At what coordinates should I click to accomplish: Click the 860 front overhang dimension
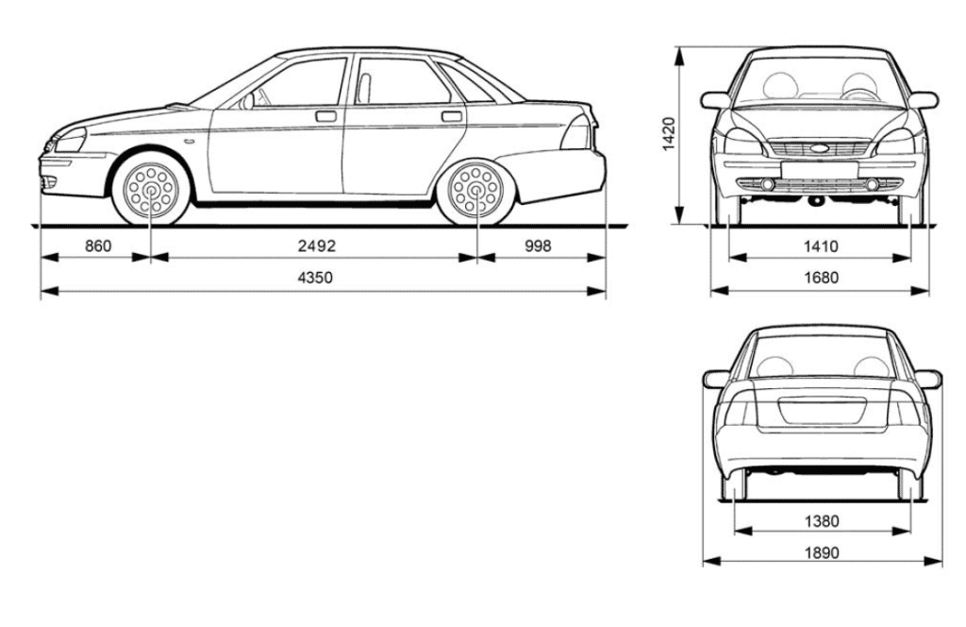tap(98, 246)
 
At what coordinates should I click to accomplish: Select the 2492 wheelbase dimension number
tap(317, 246)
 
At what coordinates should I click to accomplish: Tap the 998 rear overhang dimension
tap(538, 246)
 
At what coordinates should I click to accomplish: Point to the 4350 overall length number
tap(315, 278)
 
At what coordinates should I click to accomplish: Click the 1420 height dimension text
tap(669, 134)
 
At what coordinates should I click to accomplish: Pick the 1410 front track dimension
tap(822, 246)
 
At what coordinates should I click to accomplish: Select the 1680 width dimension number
tap(822, 278)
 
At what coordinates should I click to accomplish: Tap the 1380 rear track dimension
tap(822, 521)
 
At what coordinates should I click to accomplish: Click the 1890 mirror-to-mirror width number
tap(822, 552)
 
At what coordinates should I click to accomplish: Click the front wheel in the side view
tap(151, 188)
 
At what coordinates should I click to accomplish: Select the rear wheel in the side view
tap(475, 188)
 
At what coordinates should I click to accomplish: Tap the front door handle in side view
tap(325, 116)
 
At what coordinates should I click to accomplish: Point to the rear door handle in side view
tap(452, 116)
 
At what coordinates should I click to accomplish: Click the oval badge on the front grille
tap(820, 148)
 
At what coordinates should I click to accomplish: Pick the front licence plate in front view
tap(820, 170)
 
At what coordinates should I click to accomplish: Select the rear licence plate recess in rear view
tap(822, 411)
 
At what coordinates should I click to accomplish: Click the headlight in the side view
tap(69, 141)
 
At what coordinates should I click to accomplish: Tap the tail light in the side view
tap(577, 132)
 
